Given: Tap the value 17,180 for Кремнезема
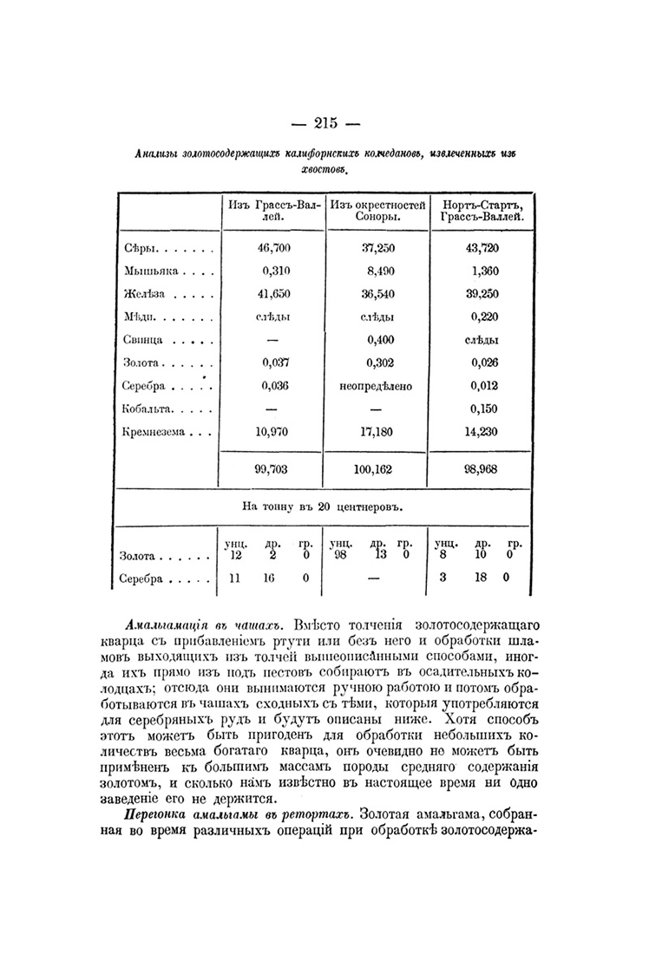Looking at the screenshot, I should click(x=378, y=430).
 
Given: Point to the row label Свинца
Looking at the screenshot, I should click(x=142, y=340).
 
